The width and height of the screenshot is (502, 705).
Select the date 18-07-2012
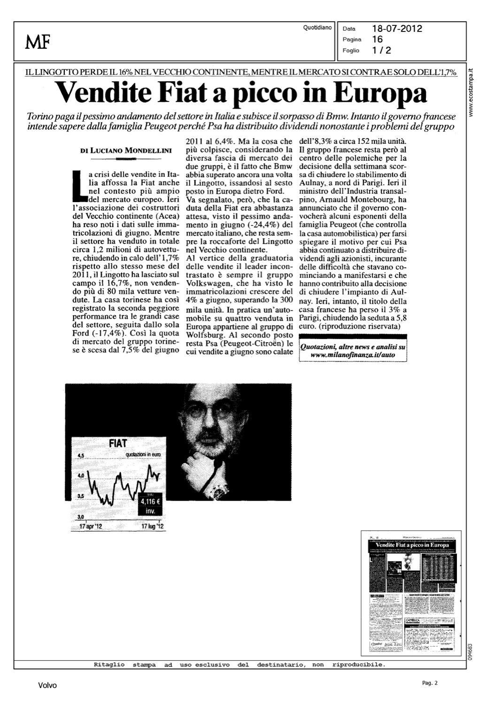pos(397,29)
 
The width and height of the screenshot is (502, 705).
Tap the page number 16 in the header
pos(377,39)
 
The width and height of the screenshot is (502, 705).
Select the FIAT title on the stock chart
pos(117,443)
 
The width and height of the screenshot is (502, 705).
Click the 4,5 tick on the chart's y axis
pos(79,455)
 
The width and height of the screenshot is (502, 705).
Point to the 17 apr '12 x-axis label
pos(91,527)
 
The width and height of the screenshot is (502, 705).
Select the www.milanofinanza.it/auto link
pos(353,355)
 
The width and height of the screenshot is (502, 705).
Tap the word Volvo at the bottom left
pos(47,685)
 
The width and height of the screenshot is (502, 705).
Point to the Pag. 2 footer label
pos(429,683)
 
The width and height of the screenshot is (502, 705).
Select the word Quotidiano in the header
pos(317,28)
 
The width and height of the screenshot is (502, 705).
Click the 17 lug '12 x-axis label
pos(152,527)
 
